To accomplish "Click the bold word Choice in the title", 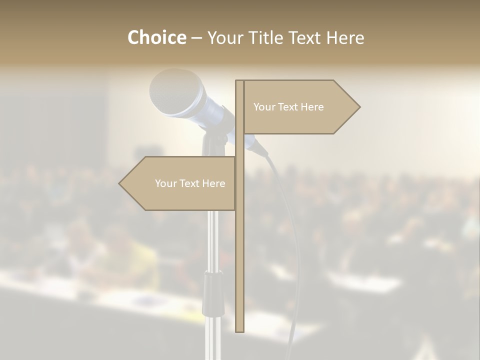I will tap(156, 37).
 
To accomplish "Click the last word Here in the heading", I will tap(345, 37).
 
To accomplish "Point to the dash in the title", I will tap(196, 38).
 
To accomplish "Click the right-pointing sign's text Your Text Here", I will tap(288, 107).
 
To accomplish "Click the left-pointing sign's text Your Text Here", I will tap(190, 183).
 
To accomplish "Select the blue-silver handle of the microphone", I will tap(214, 113).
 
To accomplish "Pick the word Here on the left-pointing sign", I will tap(213, 183).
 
